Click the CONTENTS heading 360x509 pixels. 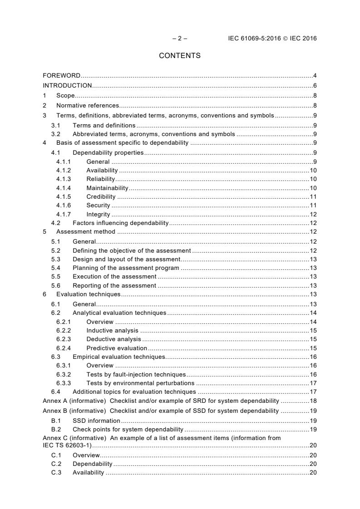point(180,56)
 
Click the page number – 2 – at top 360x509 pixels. point(180,39)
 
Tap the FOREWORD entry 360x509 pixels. point(62,75)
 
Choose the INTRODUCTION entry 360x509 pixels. point(67,85)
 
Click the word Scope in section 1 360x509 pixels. point(65,95)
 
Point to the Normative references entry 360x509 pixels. point(84,105)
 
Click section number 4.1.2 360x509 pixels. point(64,170)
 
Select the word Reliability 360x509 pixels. point(101,179)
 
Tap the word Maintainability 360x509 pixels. point(108,188)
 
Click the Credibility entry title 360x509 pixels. point(101,196)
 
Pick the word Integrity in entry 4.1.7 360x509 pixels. point(98,214)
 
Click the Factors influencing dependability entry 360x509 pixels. point(120,223)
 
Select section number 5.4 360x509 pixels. point(55,268)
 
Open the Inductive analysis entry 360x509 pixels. point(112,331)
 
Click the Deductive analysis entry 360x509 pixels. point(113,339)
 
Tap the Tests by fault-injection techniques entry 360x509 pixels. point(136,374)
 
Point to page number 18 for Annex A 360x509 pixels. point(313,401)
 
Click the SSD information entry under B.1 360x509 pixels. point(96,421)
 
